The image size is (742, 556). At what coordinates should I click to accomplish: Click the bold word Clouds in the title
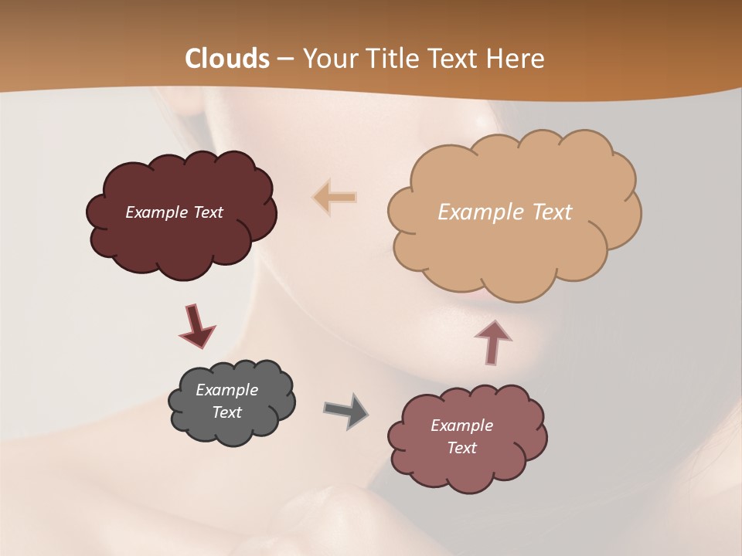coord(227,59)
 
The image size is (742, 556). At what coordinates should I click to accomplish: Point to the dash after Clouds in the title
coord(285,59)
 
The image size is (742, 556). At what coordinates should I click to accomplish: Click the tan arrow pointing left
coord(335,198)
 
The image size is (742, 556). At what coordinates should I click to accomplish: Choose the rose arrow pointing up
coord(493,341)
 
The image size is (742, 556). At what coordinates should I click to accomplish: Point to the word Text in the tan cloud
coord(550,212)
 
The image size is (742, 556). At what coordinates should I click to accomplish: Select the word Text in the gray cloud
coord(227,412)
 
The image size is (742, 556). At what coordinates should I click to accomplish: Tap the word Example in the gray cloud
coord(227,390)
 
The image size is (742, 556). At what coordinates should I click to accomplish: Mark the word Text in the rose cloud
coord(461,448)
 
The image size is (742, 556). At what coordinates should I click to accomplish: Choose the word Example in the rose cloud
coord(461,425)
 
